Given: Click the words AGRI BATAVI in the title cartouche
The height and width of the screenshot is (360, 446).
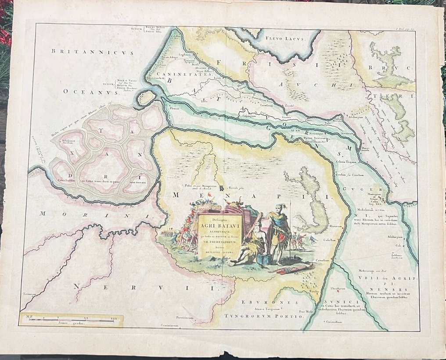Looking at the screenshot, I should click(219, 227).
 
